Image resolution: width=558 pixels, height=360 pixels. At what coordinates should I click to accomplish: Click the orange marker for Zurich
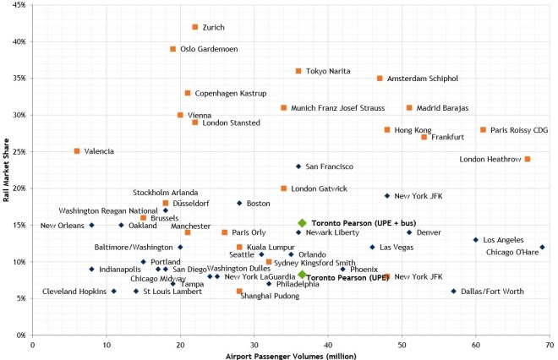[195, 27]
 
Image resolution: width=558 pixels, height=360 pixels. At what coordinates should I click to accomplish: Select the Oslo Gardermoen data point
[173, 49]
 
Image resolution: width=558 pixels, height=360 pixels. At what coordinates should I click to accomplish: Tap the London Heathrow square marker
[528, 159]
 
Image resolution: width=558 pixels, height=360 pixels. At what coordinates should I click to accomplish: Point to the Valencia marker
[77, 151]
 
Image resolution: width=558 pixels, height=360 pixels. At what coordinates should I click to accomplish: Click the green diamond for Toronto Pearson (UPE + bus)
[302, 223]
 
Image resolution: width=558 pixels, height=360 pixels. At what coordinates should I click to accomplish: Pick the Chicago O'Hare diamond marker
[542, 247]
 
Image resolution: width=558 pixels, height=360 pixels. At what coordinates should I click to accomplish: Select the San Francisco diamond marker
[298, 166]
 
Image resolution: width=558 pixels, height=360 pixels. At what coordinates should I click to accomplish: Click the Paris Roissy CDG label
[519, 130]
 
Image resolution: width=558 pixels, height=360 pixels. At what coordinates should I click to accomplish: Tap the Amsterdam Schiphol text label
[423, 79]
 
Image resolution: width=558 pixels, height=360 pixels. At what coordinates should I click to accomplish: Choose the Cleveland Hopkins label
[74, 292]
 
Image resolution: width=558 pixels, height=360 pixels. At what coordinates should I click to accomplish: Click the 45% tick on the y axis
[18, 5]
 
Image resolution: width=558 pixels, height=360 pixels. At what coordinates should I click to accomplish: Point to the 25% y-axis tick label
[18, 151]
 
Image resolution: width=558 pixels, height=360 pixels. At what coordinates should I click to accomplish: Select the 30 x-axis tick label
[254, 345]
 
